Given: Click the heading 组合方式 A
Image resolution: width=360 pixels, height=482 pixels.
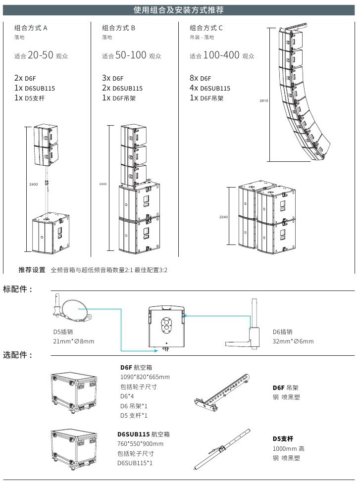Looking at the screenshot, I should point(31,28).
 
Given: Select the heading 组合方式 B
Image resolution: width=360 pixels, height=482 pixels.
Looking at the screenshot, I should point(118,28).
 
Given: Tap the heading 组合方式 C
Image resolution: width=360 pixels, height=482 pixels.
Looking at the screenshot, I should point(206,28).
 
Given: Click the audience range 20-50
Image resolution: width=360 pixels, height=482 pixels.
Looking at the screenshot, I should point(40,55).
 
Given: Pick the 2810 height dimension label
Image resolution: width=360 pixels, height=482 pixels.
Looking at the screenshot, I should point(263,101).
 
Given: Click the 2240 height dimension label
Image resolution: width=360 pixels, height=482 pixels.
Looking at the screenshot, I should point(224,217).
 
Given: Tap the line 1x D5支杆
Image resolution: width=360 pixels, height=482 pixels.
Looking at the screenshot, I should point(30,98).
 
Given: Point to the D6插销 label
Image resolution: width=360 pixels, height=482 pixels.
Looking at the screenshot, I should point(283,332).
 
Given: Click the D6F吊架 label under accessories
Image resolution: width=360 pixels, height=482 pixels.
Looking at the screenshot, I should point(286,387).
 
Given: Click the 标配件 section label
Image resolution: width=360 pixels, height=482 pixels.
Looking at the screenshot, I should point(18,289).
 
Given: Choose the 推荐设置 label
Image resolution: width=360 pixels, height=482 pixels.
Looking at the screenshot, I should point(32,270).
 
